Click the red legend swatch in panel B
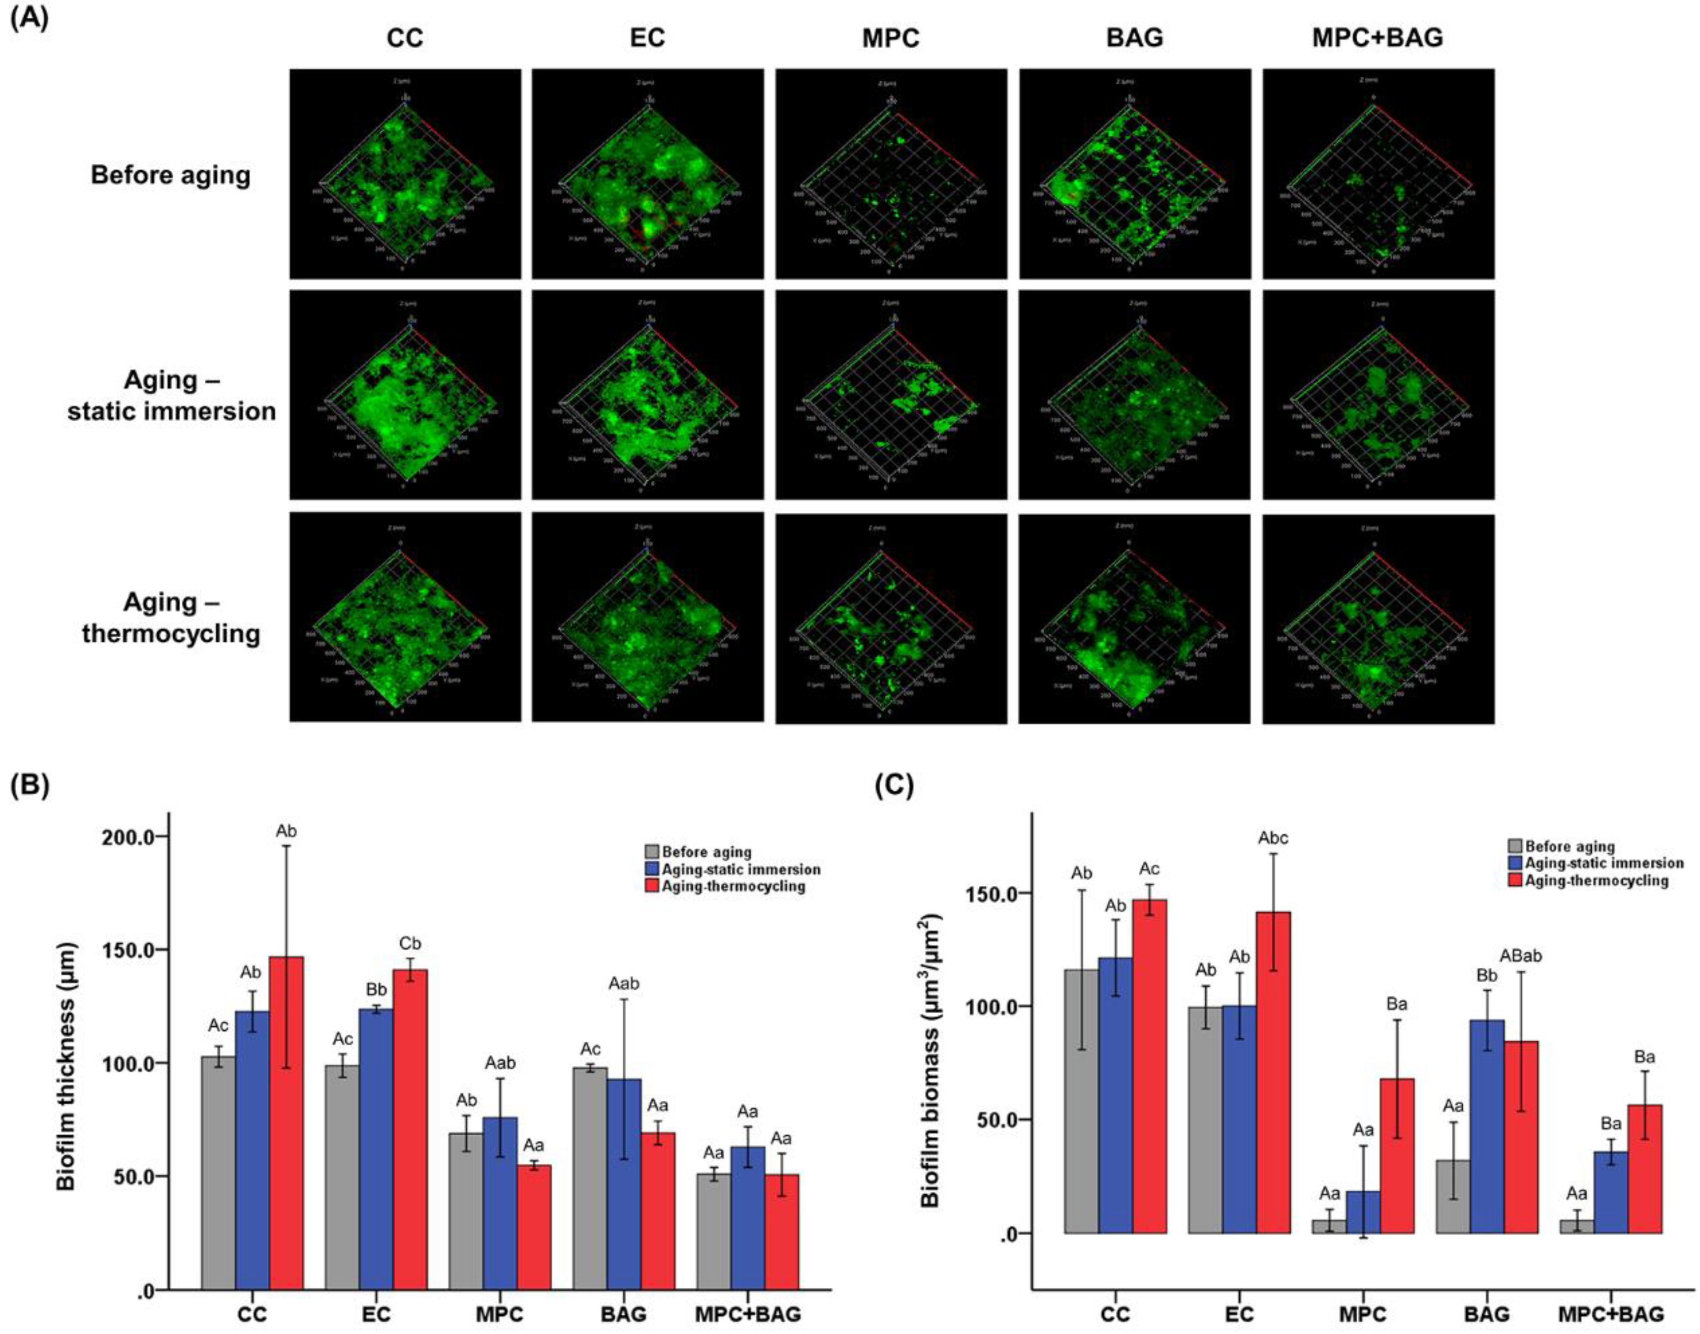click(x=652, y=887)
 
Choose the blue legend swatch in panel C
click(x=1516, y=863)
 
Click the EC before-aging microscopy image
click(x=648, y=173)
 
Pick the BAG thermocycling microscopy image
click(x=1134, y=618)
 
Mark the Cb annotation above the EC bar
click(x=410, y=943)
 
